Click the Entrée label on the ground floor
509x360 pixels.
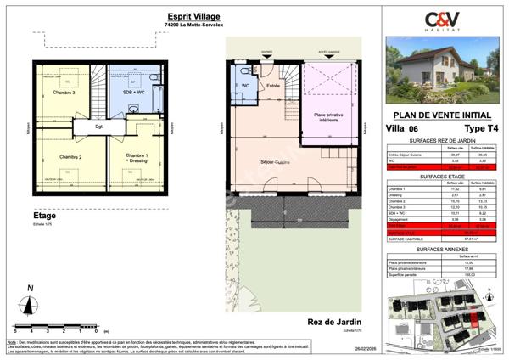273,86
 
